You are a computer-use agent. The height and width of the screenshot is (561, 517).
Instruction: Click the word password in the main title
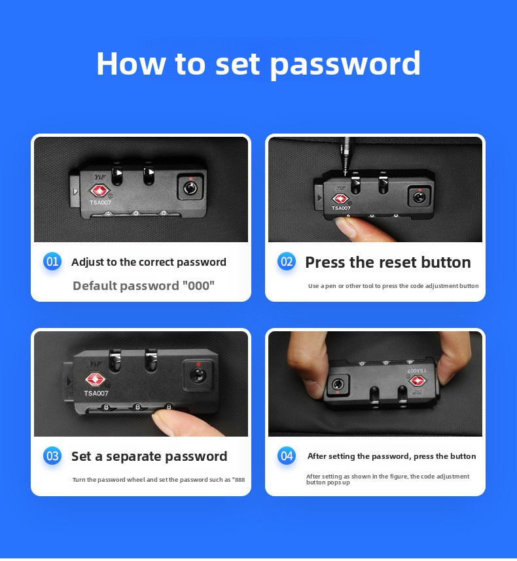coord(345,65)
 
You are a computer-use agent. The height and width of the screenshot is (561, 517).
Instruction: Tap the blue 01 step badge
coord(52,262)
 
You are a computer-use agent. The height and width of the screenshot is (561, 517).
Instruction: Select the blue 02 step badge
coord(287,262)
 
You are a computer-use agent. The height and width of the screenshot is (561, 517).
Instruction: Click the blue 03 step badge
coord(52,456)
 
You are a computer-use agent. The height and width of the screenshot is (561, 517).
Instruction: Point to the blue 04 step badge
coord(287,456)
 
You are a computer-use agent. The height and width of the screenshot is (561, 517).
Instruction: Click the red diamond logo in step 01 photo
coord(99,190)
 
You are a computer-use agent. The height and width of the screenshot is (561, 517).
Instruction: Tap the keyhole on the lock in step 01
coord(190,187)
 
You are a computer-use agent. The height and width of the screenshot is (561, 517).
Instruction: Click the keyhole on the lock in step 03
coord(197,375)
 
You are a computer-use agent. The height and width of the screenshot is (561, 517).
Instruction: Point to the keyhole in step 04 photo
coord(338,385)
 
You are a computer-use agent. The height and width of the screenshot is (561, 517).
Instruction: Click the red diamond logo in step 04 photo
coord(417,381)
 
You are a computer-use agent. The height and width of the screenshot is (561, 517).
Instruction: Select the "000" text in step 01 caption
coord(198,285)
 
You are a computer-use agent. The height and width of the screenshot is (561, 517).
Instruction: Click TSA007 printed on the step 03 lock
coord(96,393)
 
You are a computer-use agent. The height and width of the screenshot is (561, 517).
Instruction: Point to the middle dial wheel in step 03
coord(137,407)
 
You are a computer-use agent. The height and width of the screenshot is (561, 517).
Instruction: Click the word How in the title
coord(131,63)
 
